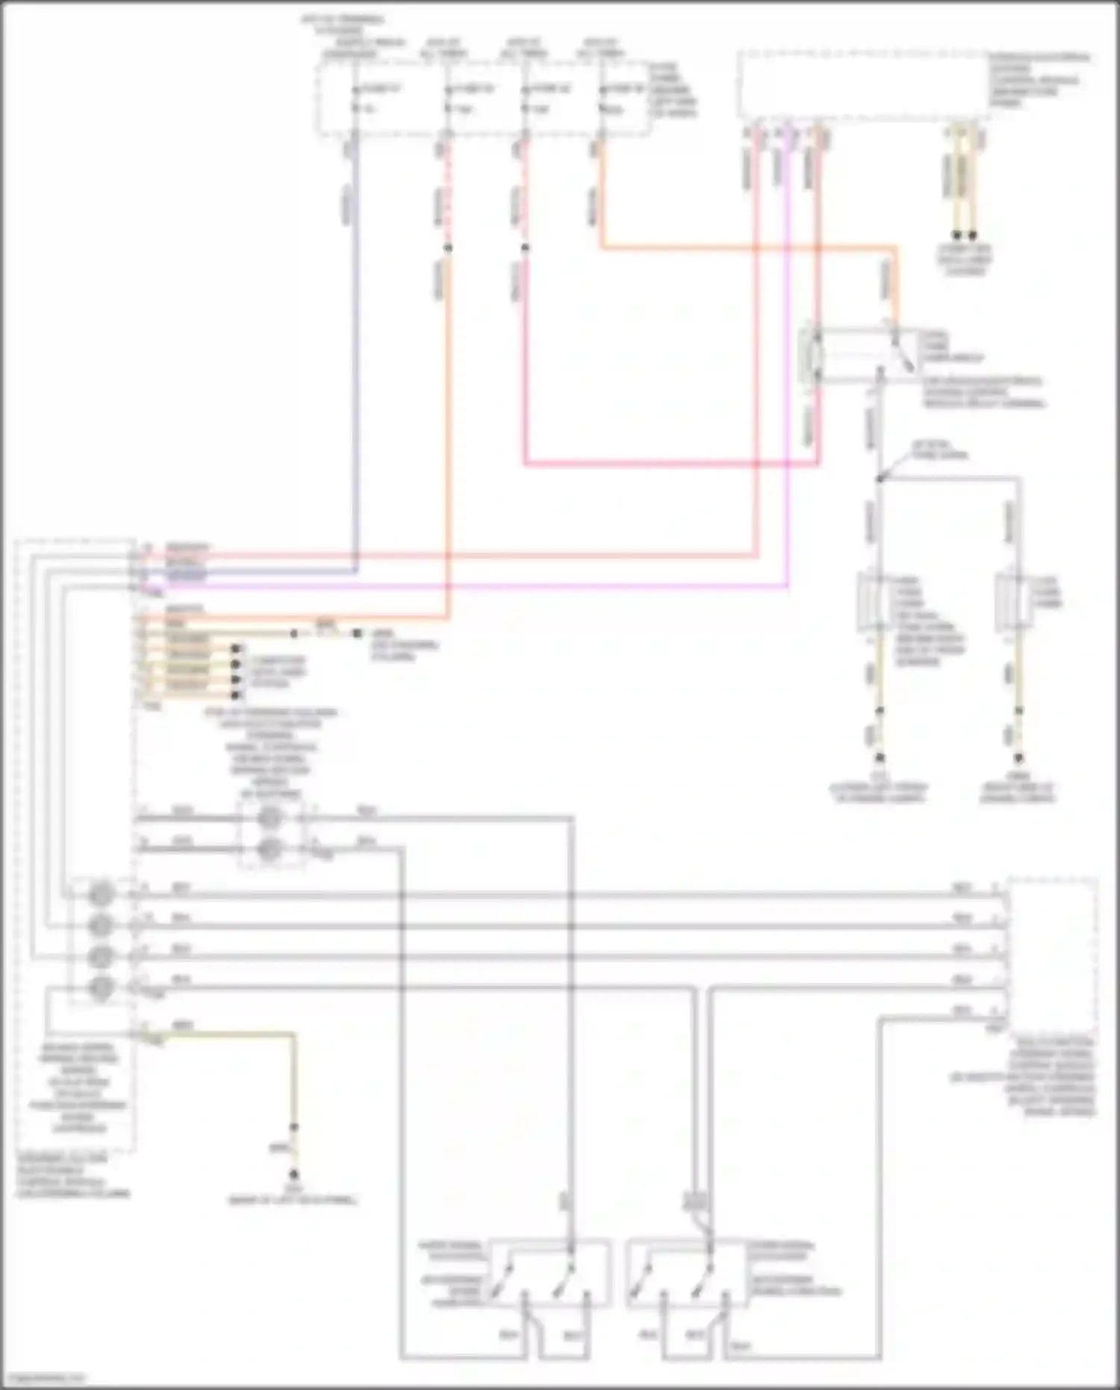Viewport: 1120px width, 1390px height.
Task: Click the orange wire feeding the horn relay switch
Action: [747, 247]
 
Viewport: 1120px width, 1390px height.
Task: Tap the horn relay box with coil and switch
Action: [859, 356]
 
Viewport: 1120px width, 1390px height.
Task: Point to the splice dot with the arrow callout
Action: [880, 479]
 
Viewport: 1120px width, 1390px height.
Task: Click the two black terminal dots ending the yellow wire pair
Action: [964, 235]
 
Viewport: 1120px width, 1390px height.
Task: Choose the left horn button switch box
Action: [515, 1273]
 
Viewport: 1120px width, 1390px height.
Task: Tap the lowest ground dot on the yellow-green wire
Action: [293, 1173]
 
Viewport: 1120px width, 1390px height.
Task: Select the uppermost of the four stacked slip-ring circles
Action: [101, 894]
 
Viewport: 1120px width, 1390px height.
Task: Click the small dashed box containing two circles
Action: [270, 834]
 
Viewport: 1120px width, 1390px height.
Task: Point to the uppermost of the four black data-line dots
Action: [236, 648]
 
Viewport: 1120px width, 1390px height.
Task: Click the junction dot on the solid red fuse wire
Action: [525, 248]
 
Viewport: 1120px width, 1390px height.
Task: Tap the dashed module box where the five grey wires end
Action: [1051, 956]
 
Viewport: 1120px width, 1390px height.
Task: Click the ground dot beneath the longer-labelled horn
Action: [879, 757]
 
